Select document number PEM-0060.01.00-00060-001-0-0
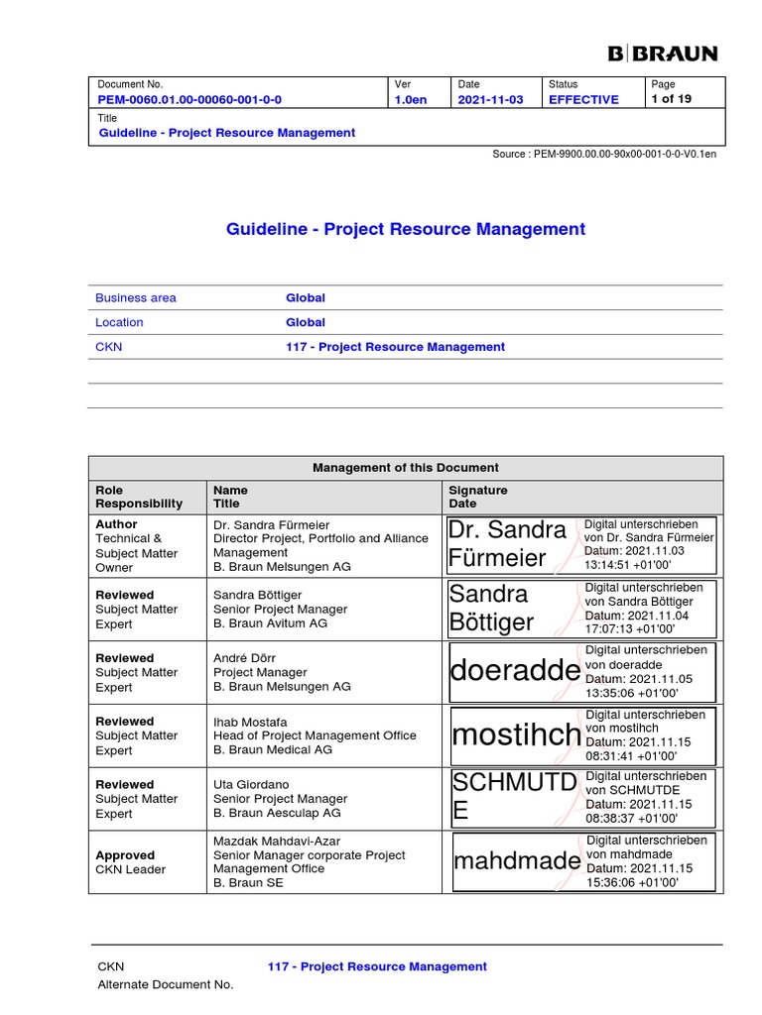click(x=189, y=100)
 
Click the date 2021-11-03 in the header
click(x=490, y=100)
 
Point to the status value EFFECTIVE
click(x=583, y=100)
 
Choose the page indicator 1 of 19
click(x=671, y=99)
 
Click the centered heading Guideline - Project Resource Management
click(x=406, y=229)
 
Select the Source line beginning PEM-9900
click(x=604, y=155)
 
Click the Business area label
click(x=135, y=297)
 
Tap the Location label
click(x=119, y=322)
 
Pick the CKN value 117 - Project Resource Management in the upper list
click(x=395, y=347)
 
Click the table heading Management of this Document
click(x=406, y=468)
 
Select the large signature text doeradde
click(x=514, y=671)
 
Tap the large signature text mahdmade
click(x=517, y=861)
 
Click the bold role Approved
click(x=125, y=855)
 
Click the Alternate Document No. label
click(x=165, y=984)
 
